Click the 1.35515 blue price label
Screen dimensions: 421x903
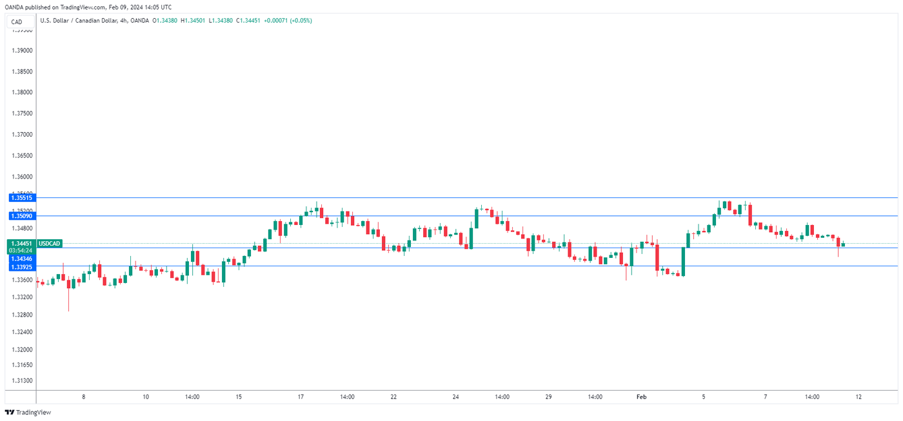tap(21, 198)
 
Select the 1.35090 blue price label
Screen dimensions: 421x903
tap(21, 216)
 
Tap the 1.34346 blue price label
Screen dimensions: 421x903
tap(21, 259)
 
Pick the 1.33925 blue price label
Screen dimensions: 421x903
tap(21, 266)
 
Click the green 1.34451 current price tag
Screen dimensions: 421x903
tap(21, 244)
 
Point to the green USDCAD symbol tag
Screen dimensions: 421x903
tap(50, 244)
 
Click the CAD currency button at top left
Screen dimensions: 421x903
tap(17, 22)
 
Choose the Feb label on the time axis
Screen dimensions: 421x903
tap(641, 397)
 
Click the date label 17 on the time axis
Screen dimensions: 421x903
tap(301, 397)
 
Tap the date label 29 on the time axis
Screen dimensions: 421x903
tap(548, 397)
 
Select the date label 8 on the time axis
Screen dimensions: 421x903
tap(83, 397)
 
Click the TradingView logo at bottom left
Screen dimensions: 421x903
tap(28, 412)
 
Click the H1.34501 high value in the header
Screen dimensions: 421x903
tap(193, 21)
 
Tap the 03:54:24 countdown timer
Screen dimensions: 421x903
tap(21, 251)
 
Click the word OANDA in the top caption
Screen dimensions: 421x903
tap(15, 6)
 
